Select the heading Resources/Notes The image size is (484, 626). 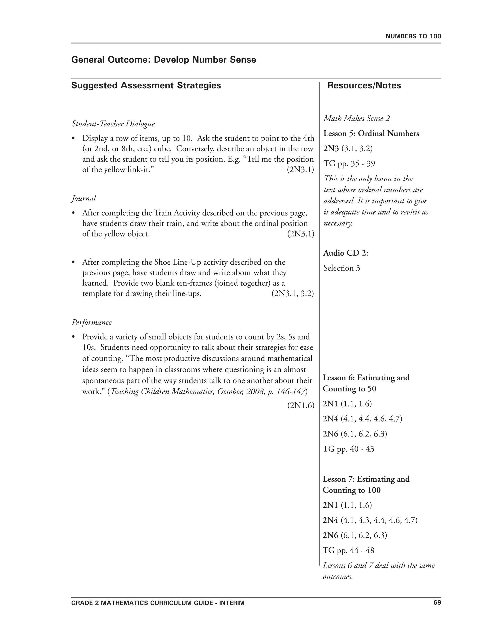pos(364,86)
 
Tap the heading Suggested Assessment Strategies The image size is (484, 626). pos(146,86)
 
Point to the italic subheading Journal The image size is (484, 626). pos(84,198)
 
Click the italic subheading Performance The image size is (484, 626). pos(91,322)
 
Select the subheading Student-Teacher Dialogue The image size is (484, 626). pos(113,124)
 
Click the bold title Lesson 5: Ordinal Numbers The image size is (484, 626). pos(371,133)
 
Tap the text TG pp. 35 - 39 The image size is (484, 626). pos(349,164)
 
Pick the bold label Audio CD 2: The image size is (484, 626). pos(346,253)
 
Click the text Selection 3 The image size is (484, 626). pos(341,268)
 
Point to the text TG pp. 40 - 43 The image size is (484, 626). pos(348,449)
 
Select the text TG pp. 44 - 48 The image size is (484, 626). pos(348,550)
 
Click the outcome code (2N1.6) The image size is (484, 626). pos(301,405)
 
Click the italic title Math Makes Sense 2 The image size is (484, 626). pos(356,118)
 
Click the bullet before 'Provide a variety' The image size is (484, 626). pos(73,337)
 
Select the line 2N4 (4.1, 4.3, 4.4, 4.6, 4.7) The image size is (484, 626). pos(370,520)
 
